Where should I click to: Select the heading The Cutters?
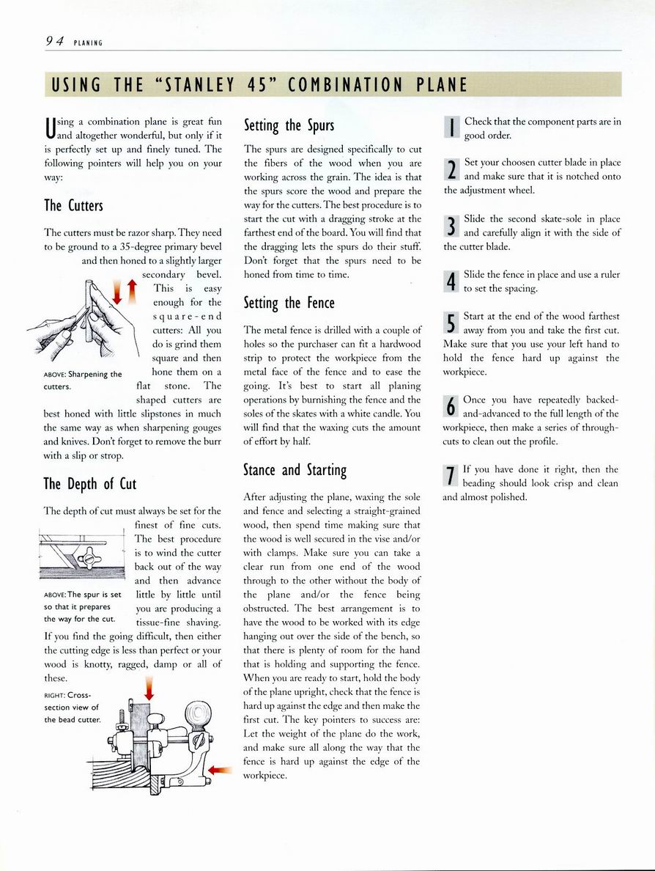coord(73,205)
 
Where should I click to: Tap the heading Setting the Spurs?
coord(289,125)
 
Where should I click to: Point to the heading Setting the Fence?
coord(289,302)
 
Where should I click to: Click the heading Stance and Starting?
coord(295,469)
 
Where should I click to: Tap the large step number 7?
coord(451,476)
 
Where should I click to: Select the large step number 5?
coord(451,323)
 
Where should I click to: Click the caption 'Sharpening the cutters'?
coord(82,380)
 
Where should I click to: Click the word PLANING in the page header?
coord(88,43)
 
